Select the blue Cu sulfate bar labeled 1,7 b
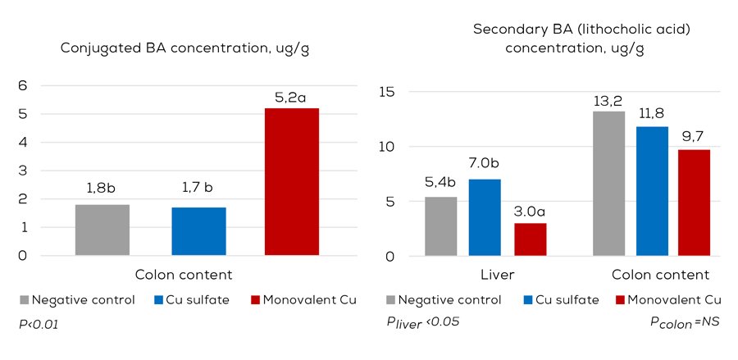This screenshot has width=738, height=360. point(198,231)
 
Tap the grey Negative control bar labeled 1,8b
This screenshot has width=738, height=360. point(102,230)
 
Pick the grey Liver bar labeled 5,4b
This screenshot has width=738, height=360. point(440,226)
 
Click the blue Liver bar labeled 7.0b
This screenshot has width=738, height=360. point(485,217)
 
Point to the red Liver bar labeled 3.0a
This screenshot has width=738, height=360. point(530,239)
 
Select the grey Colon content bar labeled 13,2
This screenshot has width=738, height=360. point(608,184)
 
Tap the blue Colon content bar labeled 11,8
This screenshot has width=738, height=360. point(652,191)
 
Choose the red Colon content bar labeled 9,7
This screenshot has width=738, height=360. point(694,203)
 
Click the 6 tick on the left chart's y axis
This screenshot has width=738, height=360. point(23,85)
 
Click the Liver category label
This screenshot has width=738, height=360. point(484,274)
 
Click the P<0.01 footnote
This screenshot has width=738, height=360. point(38,325)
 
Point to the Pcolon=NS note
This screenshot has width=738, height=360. point(685,322)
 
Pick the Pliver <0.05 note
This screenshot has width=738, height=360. point(422,322)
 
